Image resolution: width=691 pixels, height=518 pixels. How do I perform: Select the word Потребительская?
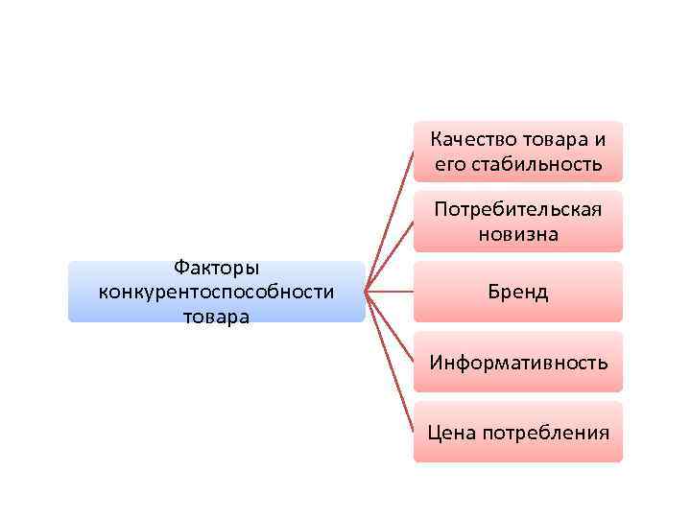click(518, 209)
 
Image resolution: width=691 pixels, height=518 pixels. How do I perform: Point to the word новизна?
click(518, 233)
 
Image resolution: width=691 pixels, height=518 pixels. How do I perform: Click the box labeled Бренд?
click(518, 292)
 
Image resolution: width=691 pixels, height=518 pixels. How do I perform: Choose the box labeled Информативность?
click(518, 362)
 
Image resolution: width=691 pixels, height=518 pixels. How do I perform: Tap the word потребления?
click(545, 432)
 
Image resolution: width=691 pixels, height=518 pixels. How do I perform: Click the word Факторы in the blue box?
click(217, 268)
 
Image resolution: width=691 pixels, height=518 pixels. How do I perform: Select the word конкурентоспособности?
click(217, 291)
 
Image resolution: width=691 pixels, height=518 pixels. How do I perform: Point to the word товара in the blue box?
click(217, 315)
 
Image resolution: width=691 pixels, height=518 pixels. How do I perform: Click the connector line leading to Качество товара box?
click(391, 220)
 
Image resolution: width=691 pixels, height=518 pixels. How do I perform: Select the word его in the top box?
click(449, 164)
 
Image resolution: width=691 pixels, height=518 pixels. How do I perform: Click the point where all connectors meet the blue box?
click(367, 292)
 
